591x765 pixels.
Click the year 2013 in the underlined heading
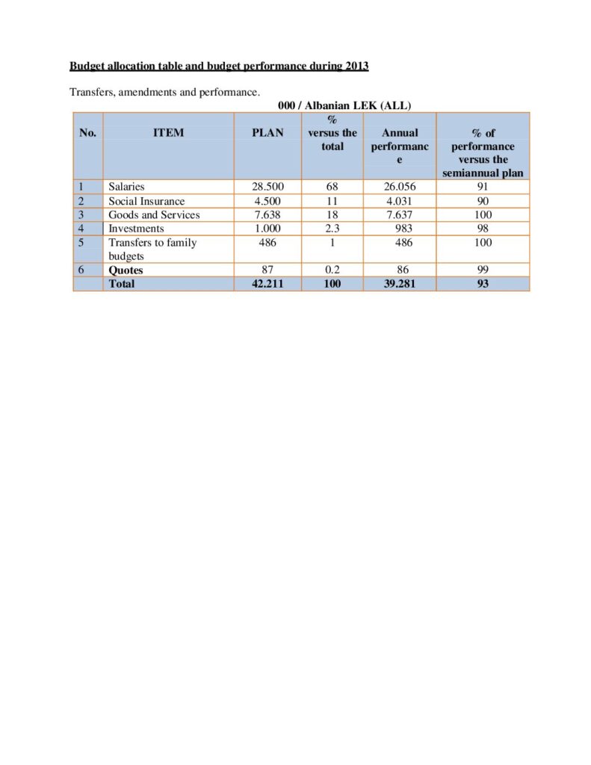point(356,66)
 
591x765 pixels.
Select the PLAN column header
point(267,133)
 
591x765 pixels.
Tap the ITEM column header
point(168,133)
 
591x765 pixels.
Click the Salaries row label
point(126,187)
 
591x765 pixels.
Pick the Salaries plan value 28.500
point(267,187)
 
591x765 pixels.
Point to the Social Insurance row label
point(146,201)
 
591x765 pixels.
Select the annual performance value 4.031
point(400,201)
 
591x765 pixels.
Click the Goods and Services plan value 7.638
point(267,214)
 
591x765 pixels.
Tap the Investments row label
point(136,229)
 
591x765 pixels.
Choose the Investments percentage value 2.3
point(332,229)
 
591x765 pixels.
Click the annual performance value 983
point(402,229)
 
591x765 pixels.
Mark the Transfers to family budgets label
point(152,249)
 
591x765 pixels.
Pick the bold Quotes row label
point(126,270)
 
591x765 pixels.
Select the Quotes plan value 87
point(267,270)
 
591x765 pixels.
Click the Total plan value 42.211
point(267,284)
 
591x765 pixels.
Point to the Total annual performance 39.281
point(400,284)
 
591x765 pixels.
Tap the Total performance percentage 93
point(483,284)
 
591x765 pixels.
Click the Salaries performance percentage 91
point(483,187)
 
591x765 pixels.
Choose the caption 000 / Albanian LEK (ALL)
point(339,105)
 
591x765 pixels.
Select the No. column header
point(87,133)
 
